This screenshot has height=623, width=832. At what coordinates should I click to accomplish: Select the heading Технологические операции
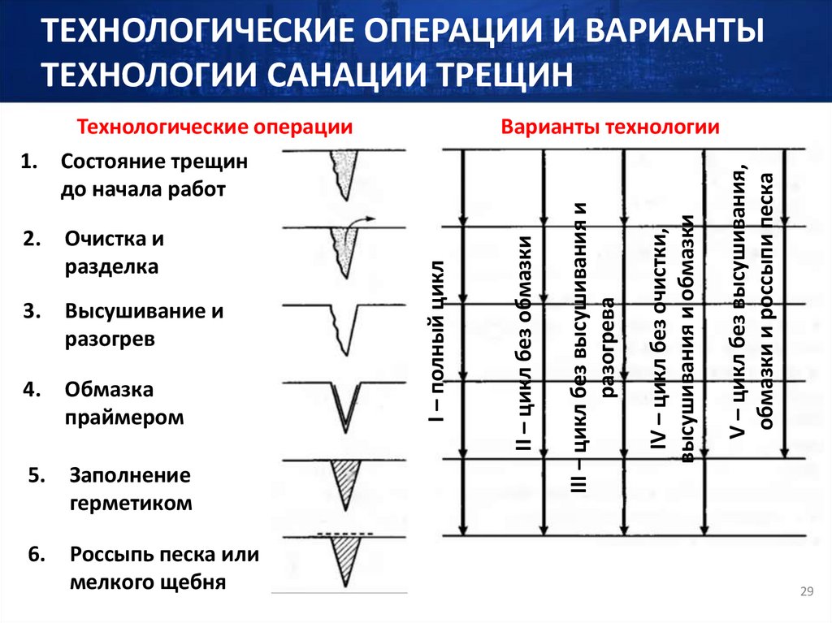pos(214,128)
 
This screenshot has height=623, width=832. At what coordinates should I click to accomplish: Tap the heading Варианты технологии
pos(610,128)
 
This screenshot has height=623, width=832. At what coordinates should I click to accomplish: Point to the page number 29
pos(807,591)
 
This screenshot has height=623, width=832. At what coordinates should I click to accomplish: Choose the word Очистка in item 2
pos(102,239)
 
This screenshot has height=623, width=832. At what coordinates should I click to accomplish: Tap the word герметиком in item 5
pos(132,503)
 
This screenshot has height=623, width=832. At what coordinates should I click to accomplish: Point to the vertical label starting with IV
pos(673,341)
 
